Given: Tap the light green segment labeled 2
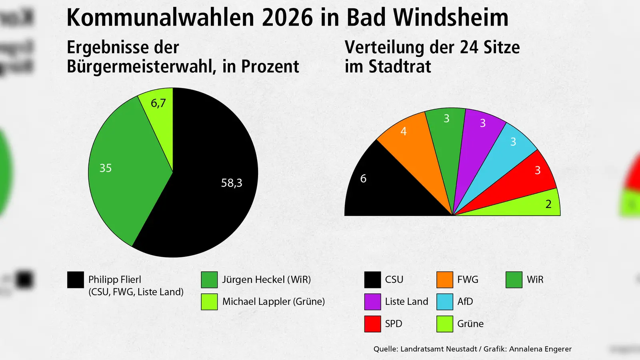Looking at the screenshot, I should [536, 204].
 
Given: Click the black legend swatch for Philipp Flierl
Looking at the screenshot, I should [76, 280].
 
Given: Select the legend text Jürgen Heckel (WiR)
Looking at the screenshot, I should [266, 280].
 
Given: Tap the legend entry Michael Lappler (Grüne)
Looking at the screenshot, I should [273, 302].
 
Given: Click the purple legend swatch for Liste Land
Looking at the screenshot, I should [372, 302].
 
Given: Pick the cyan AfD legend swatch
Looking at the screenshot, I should [445, 302].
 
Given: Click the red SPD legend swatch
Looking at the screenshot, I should [372, 324].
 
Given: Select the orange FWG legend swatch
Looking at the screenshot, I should [445, 280].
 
